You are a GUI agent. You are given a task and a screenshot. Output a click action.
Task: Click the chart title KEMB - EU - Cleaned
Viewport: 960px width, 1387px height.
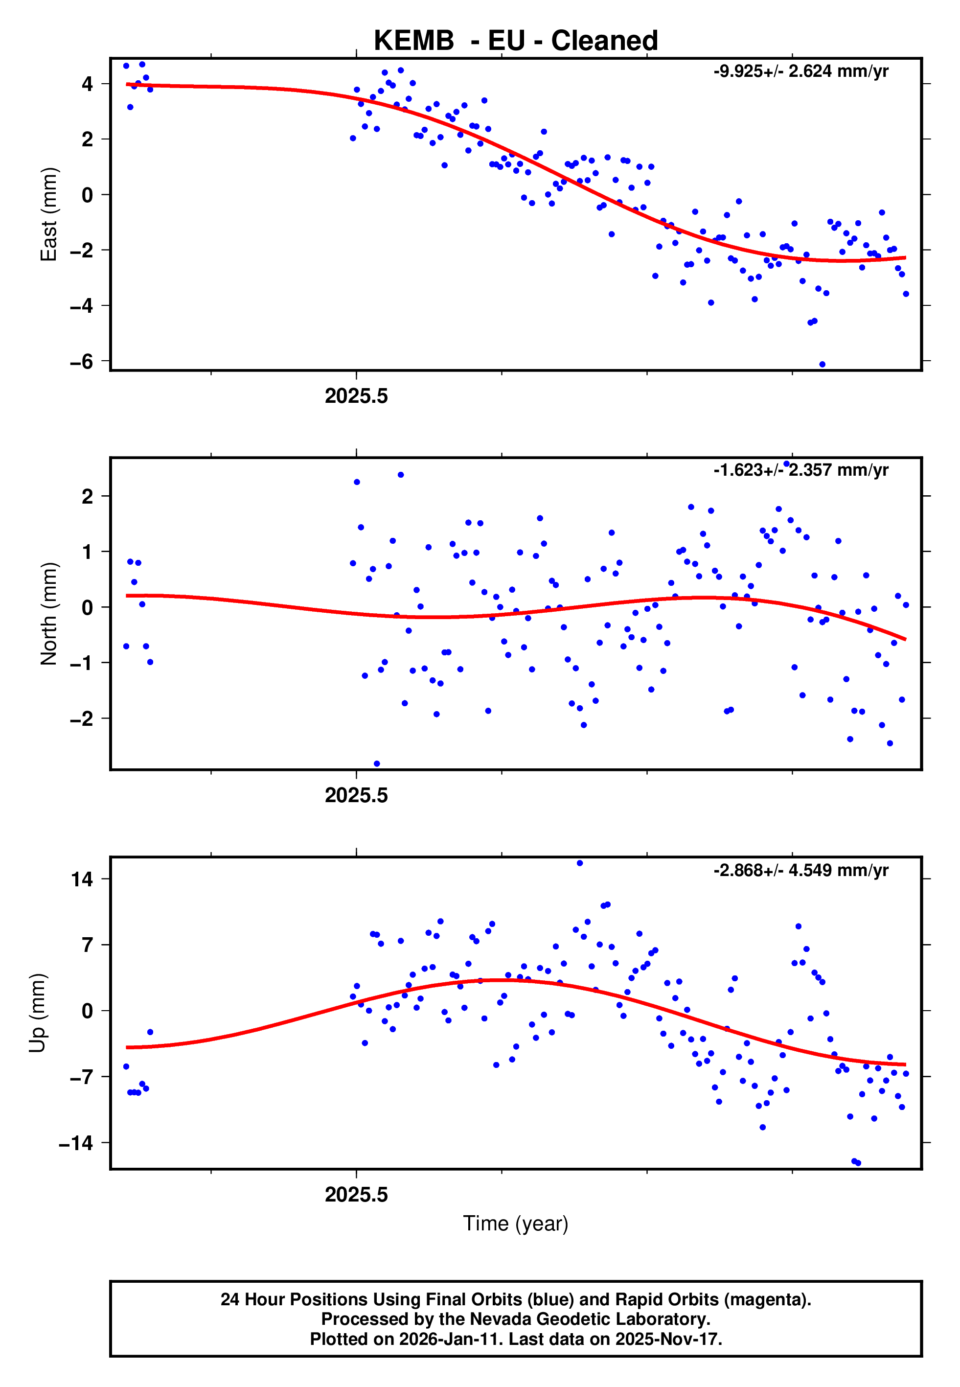point(516,41)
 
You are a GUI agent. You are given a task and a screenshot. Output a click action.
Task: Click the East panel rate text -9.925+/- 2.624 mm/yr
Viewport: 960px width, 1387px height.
point(800,71)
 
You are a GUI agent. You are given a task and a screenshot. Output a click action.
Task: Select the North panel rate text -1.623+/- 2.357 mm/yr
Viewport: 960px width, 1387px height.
point(800,470)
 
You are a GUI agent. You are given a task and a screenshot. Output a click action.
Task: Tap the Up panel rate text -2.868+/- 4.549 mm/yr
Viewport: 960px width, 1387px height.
point(800,870)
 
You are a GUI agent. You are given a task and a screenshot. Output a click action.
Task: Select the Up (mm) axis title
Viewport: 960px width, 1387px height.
point(37,1013)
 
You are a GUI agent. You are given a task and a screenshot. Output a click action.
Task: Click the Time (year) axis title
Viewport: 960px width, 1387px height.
point(516,1224)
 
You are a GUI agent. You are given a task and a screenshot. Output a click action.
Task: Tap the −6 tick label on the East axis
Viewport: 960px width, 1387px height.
point(82,362)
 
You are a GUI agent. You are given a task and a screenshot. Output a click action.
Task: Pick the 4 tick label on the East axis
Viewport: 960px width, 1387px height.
point(88,84)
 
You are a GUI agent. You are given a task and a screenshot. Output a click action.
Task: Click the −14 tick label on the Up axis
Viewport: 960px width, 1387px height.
point(76,1143)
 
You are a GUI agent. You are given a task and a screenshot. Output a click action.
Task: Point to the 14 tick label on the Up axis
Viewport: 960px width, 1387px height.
point(82,879)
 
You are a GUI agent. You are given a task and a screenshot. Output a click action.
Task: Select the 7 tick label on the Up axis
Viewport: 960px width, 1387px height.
point(88,946)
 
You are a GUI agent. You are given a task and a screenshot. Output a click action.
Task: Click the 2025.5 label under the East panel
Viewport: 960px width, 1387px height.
point(356,396)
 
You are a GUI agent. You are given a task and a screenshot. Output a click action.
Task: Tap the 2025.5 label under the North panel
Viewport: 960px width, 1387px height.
point(356,796)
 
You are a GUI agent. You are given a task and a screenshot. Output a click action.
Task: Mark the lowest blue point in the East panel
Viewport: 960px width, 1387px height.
point(822,365)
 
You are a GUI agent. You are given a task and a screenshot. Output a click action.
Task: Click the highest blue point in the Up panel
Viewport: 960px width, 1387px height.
point(580,863)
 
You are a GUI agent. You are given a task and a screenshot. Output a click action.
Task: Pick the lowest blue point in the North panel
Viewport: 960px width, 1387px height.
point(377,764)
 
